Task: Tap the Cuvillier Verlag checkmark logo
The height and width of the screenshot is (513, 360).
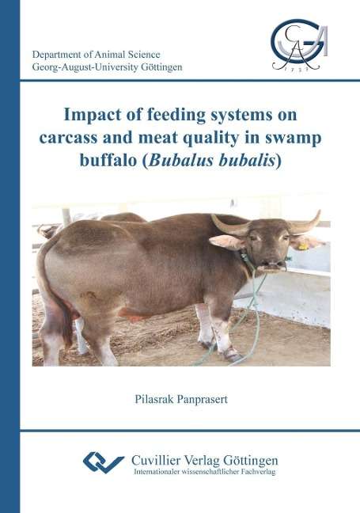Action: pyautogui.click(x=104, y=462)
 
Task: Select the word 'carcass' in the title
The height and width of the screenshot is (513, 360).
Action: pyautogui.click(x=68, y=139)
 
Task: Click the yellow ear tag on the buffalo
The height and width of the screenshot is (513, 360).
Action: pyautogui.click(x=303, y=246)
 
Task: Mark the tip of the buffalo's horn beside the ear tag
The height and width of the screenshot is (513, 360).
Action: pyautogui.click(x=320, y=211)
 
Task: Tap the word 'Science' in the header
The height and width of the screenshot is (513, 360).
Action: pyautogui.click(x=143, y=55)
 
